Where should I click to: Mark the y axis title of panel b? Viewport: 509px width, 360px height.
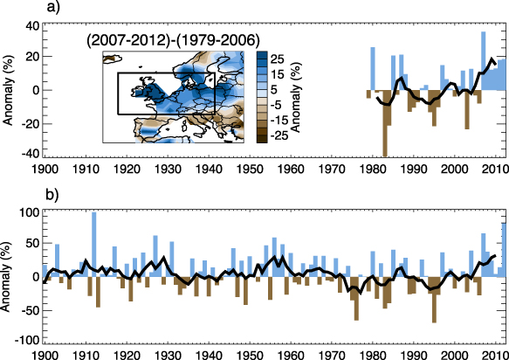point(9,276)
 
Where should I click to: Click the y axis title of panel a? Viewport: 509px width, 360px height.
point(9,90)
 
